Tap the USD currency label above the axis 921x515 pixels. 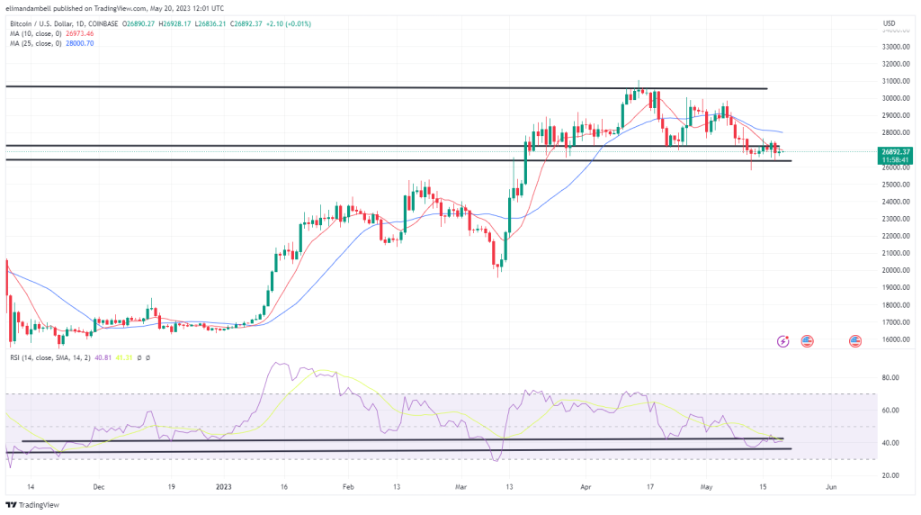click(x=889, y=23)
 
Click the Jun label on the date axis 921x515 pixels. click(x=831, y=486)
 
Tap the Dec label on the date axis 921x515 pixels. click(x=99, y=486)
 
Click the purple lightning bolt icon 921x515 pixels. click(x=782, y=341)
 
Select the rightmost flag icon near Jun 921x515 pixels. click(x=854, y=341)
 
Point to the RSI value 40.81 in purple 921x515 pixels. click(x=105, y=358)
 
